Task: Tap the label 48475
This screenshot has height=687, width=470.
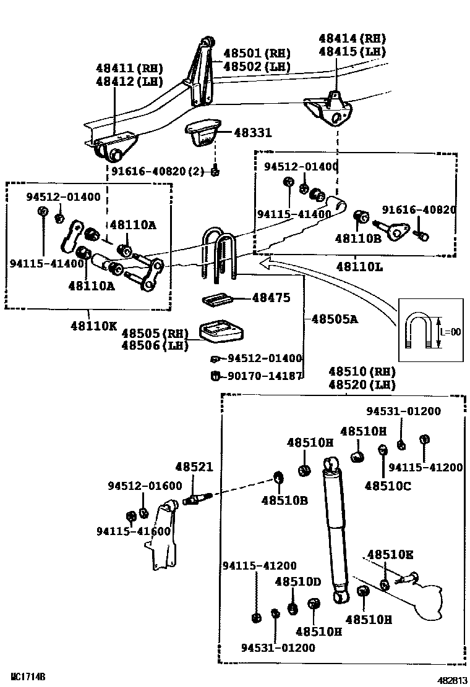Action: click(271, 298)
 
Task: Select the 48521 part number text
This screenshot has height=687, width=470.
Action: click(194, 468)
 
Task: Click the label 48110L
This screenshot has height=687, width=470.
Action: click(359, 267)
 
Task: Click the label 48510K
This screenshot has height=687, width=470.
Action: click(390, 554)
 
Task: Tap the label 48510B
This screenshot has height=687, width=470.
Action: click(284, 500)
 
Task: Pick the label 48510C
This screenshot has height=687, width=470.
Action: click(387, 486)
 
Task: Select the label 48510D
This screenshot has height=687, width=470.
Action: click(298, 582)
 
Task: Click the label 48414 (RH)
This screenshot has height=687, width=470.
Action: click(352, 38)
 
